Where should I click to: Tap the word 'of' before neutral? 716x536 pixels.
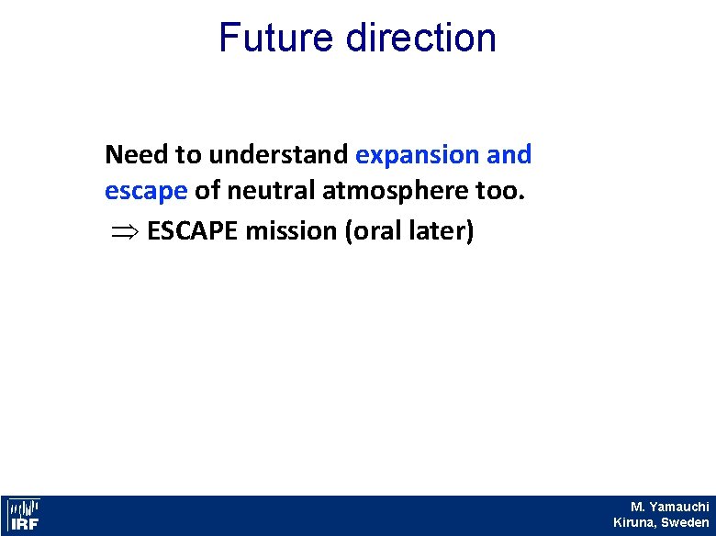207,193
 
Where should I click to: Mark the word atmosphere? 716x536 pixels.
396,193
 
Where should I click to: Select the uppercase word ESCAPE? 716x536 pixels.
190,231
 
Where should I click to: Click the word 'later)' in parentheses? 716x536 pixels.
442,231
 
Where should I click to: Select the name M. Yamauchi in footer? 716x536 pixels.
669,507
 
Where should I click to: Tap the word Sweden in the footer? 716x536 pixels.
684,522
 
